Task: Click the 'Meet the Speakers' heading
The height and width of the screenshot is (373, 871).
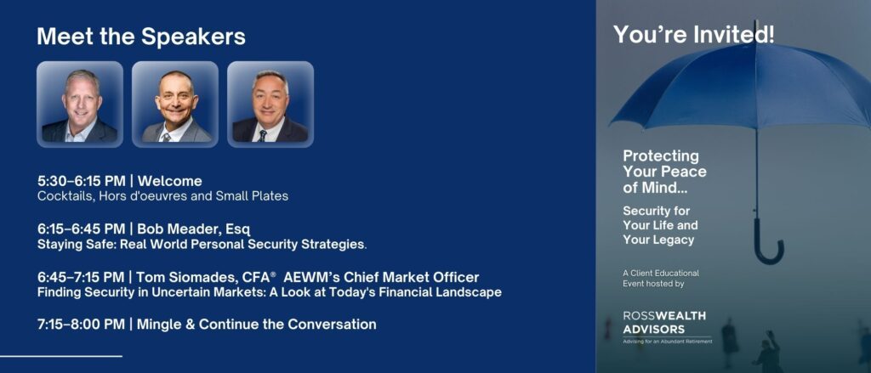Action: pos(141,37)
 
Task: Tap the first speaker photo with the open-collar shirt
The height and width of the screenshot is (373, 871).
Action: pos(80,105)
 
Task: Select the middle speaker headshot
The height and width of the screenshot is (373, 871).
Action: pos(175,105)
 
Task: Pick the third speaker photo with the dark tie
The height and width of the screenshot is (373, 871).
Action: pos(270,105)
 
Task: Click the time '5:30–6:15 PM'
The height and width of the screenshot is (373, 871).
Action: pos(81,181)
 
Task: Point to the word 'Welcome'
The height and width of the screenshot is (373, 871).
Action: pos(170,181)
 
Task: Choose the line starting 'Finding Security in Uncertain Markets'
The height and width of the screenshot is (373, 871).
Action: pos(270,292)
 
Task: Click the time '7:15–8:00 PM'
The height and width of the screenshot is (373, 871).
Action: pos(81,325)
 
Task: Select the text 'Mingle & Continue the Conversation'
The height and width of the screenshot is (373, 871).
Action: pos(257,325)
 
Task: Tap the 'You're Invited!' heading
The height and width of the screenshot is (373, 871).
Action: pos(694,35)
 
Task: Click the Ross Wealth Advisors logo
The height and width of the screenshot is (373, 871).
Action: pos(667,327)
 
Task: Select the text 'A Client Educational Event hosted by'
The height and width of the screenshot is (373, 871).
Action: pos(661,279)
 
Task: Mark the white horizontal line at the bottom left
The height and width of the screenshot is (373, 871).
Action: pos(61,356)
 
